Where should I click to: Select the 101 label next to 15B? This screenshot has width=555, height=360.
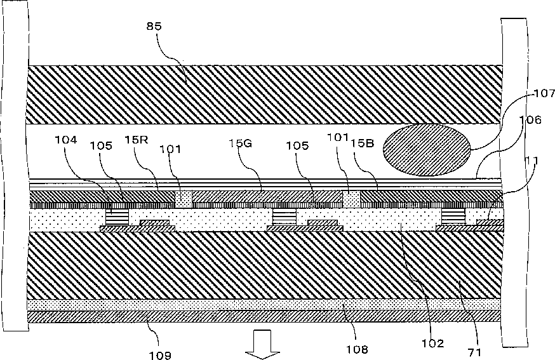pyautogui.click(x=337, y=138)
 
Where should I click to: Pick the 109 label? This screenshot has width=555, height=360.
pyautogui.click(x=160, y=355)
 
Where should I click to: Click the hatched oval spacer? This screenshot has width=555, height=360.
pyautogui.click(x=426, y=149)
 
